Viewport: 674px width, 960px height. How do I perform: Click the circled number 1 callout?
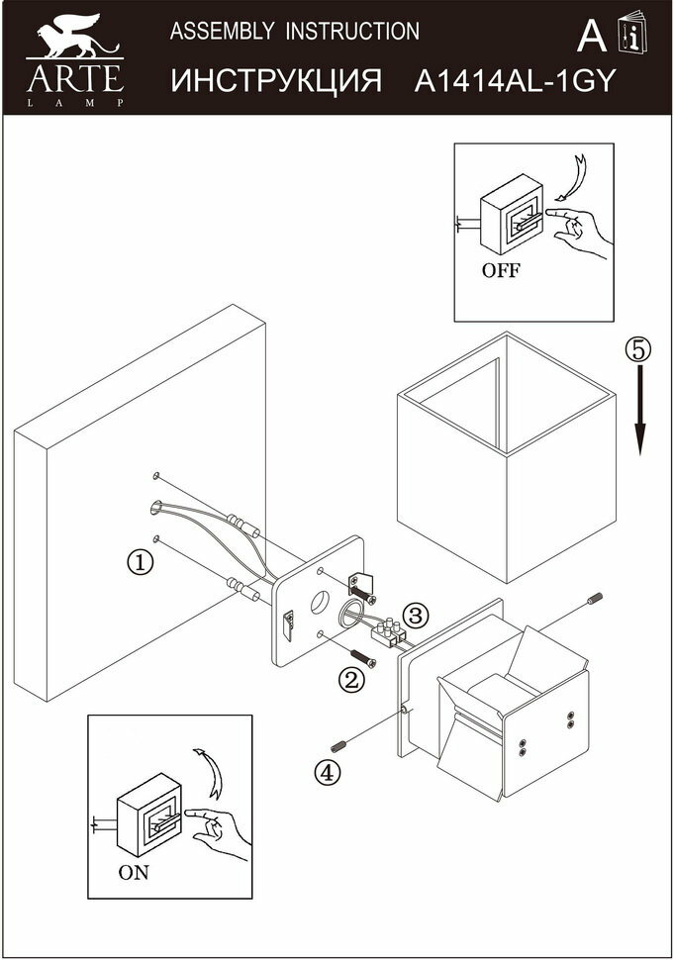click(x=142, y=562)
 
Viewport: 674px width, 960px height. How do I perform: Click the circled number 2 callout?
click(x=351, y=680)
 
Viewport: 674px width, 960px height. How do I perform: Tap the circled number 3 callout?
click(x=416, y=616)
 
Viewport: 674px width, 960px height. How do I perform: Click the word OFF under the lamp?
click(x=501, y=270)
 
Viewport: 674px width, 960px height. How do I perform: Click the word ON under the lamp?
click(x=134, y=873)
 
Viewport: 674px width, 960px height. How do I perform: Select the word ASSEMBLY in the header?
click(x=223, y=32)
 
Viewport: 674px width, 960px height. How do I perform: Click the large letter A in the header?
click(x=591, y=37)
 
